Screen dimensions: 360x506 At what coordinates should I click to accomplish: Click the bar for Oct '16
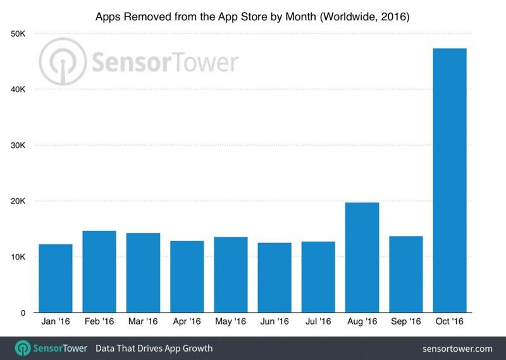click(450, 180)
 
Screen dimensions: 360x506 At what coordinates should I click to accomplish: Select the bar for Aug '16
click(362, 258)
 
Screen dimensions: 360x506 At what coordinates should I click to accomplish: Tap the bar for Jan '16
click(56, 278)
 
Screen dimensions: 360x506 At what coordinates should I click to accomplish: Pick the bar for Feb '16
click(99, 271)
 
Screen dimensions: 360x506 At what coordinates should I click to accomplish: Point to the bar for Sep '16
click(406, 274)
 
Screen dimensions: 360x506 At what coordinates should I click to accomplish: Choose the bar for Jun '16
click(275, 278)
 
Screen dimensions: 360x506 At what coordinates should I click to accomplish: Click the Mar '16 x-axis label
click(143, 322)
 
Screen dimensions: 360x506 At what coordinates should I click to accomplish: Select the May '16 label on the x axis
click(231, 322)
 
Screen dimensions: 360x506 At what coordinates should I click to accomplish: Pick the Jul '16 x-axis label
click(318, 322)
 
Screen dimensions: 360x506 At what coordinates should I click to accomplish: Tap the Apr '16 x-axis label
click(187, 322)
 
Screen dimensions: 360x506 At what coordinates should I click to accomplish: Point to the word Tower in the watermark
click(201, 63)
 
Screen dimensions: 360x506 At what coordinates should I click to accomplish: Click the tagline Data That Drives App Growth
click(154, 349)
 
